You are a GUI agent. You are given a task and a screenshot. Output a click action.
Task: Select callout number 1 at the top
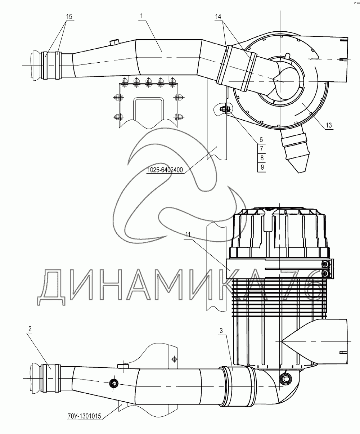[x=142, y=16]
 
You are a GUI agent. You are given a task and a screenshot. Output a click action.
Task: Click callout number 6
[x=261, y=139]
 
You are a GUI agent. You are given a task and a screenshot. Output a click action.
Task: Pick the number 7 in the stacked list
[x=261, y=148]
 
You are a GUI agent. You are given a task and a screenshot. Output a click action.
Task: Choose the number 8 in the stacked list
[x=261, y=158]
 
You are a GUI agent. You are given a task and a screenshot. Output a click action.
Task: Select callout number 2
[x=30, y=328]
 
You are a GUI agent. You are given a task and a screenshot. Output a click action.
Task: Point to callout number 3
[x=222, y=330]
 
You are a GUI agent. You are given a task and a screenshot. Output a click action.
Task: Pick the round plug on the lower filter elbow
[x=286, y=378]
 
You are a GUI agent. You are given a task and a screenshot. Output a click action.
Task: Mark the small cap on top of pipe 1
[x=115, y=42]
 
